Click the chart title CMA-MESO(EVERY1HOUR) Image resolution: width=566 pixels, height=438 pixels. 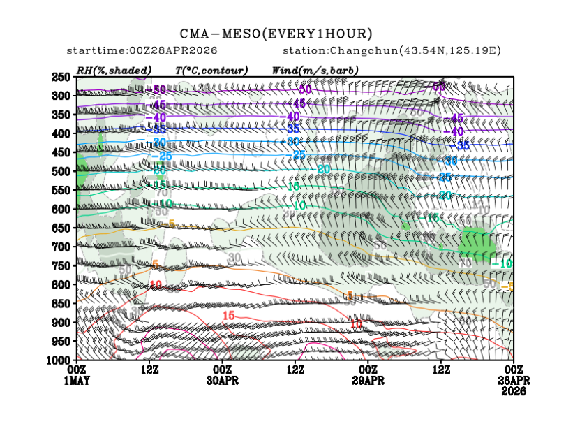coord(276,34)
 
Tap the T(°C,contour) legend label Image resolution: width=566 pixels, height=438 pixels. coord(211,71)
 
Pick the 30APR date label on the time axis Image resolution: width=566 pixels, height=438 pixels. coord(222,380)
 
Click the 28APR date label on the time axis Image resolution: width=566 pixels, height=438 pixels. coord(514,380)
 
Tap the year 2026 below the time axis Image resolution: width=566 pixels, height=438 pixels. coord(514,390)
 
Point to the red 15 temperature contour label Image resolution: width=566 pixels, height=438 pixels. coord(228,316)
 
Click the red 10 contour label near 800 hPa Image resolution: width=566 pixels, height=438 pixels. coord(156,284)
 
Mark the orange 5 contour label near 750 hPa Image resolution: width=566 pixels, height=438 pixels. coord(155,264)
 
